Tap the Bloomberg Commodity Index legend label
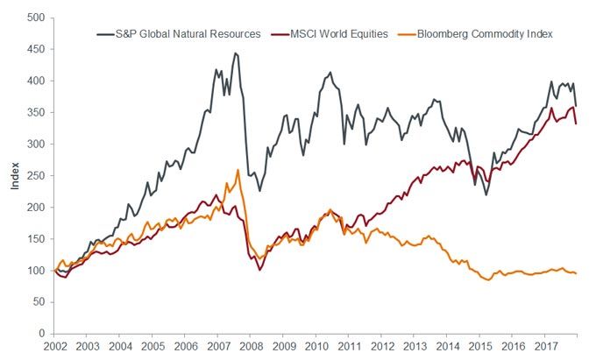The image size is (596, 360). [489, 33]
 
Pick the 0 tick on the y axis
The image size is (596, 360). [41, 334]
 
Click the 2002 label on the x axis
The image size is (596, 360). [54, 348]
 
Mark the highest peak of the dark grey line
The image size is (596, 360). [234, 53]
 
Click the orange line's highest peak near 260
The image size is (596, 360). [238, 170]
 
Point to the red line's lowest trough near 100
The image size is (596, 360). [260, 269]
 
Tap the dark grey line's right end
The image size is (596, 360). [576, 106]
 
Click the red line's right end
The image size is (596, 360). [576, 124]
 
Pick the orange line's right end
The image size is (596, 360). [576, 273]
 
